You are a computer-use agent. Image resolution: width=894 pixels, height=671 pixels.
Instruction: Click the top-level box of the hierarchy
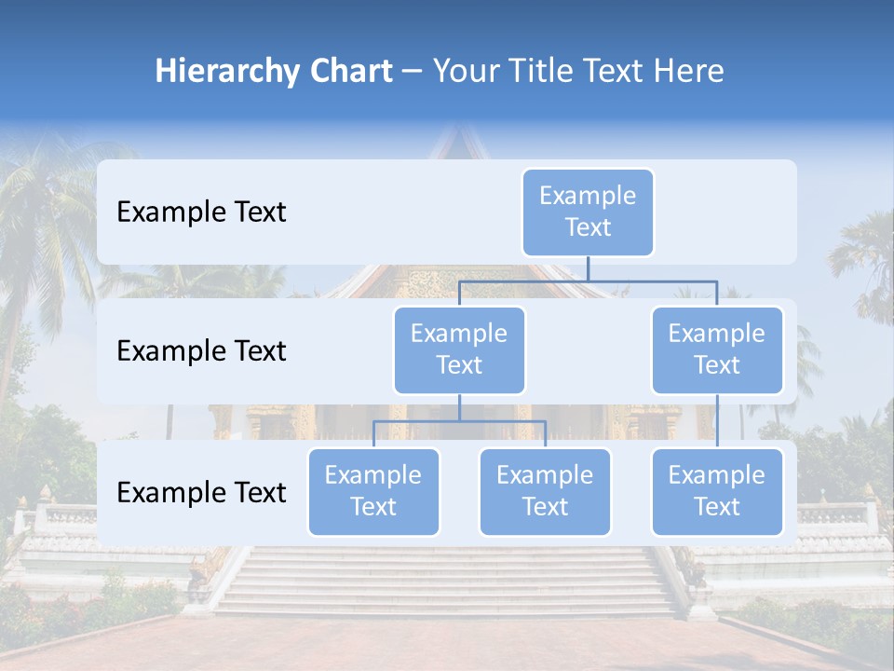pos(588,212)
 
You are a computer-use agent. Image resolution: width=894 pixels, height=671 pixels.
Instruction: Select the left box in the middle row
pos(459,349)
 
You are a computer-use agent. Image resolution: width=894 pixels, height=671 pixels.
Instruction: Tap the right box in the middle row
pos(717,349)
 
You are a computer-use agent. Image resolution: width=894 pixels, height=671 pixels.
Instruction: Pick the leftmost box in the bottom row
pos(373,491)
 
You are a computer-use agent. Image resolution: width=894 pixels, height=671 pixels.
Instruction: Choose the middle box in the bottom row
pos(545,491)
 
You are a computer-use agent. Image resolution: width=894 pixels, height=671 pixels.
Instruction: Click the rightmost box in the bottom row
pos(717,491)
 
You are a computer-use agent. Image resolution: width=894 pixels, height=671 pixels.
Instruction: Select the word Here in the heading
pos(689,72)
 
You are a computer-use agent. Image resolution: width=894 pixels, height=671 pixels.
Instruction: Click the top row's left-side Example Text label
pos(201,212)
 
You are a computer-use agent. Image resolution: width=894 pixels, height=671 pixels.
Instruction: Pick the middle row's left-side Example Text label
pos(201,351)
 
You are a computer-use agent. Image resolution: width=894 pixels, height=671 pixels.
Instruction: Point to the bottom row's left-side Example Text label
pos(201,492)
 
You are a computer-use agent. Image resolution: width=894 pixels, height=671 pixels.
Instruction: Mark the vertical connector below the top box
pos(588,268)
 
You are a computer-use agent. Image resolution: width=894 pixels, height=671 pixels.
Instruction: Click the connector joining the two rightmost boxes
pos(717,421)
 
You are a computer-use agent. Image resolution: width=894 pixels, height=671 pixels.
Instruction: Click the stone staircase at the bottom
pos(447,582)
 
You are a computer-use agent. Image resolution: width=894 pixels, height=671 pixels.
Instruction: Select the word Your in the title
pos(466,72)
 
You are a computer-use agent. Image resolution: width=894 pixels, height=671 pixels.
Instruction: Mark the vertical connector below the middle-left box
pos(459,407)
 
